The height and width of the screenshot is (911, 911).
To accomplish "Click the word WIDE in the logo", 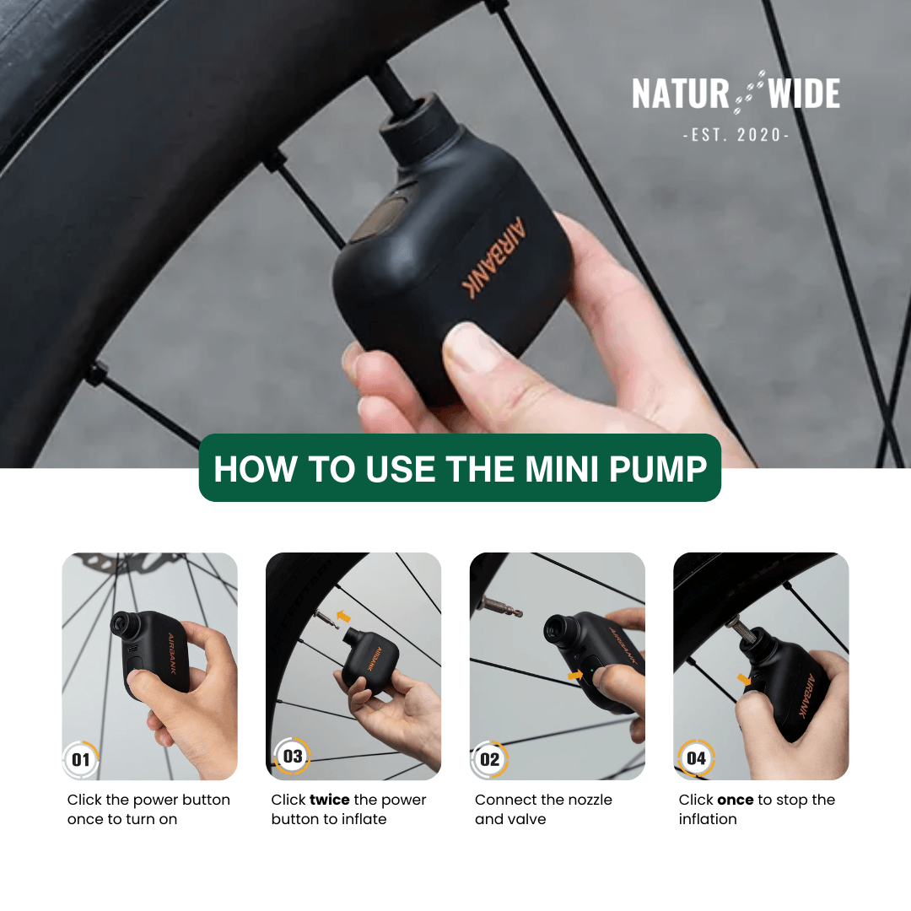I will click(804, 94).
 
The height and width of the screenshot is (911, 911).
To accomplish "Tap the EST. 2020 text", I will click(736, 135).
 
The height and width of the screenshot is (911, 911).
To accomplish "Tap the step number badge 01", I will click(81, 759).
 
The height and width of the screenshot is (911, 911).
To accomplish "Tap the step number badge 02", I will click(490, 759).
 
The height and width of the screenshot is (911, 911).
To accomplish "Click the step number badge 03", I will click(293, 756).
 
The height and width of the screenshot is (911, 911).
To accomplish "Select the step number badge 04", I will click(696, 757).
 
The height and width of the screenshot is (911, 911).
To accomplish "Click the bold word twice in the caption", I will click(329, 800).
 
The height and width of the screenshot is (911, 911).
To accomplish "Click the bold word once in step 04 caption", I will click(735, 800).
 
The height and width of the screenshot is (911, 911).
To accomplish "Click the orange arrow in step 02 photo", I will click(575, 675).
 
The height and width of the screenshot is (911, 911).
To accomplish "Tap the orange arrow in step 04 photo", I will click(744, 679).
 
